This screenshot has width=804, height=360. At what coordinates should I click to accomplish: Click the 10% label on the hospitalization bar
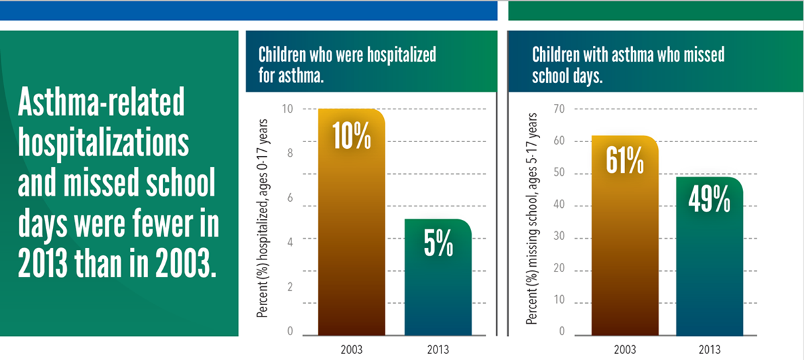[x=352, y=136]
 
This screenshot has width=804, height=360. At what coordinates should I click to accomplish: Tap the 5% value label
[x=438, y=245]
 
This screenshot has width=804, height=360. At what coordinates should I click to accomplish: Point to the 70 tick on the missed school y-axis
[x=558, y=109]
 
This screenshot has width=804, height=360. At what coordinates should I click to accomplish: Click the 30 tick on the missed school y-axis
[x=558, y=237]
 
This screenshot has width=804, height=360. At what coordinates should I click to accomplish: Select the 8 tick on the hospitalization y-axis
[x=290, y=153]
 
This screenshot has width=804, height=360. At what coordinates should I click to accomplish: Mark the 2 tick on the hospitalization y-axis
[x=290, y=287]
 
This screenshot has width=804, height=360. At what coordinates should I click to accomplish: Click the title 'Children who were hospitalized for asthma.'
[x=347, y=65]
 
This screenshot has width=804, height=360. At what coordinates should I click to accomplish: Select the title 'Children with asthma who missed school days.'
[x=628, y=65]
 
